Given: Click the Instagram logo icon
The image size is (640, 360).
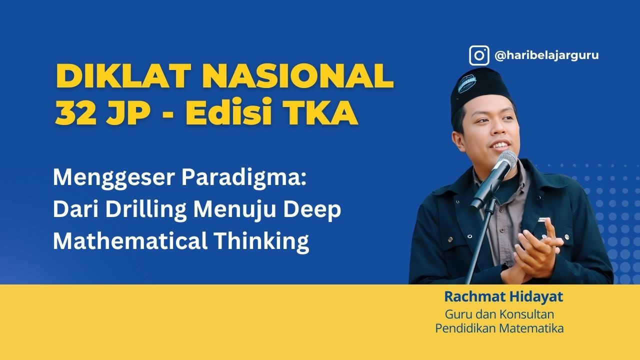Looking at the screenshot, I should tap(479, 55).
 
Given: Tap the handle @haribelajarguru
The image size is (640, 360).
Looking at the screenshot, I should tap(546, 55).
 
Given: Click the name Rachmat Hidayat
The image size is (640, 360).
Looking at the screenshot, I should tap(503, 297).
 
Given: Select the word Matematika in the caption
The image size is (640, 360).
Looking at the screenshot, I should tap(535, 328).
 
